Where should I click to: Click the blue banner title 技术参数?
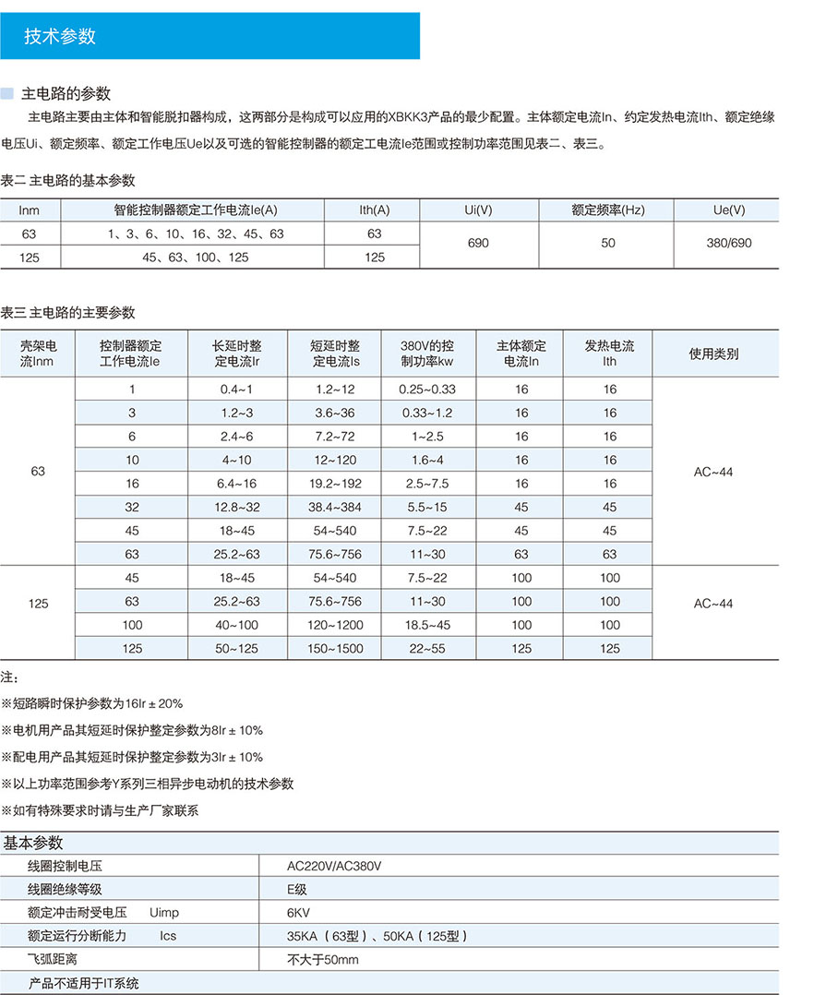tap(60, 37)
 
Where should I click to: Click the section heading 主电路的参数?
tap(72, 93)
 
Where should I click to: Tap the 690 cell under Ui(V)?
tap(478, 245)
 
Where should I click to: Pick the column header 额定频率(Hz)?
tap(607, 210)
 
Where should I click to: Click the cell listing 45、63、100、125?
tap(196, 258)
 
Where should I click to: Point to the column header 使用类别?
tap(714, 354)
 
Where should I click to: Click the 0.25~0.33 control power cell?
tap(427, 390)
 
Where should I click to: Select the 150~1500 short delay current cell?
tap(335, 649)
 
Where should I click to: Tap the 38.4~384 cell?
tap(335, 507)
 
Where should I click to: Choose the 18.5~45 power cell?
tap(427, 625)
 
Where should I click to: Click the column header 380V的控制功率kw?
tap(427, 354)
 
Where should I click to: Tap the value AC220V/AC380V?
tap(334, 866)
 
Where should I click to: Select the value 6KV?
tap(299, 913)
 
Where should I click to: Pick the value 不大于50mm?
tap(322, 960)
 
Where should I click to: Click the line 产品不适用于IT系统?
tap(83, 983)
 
